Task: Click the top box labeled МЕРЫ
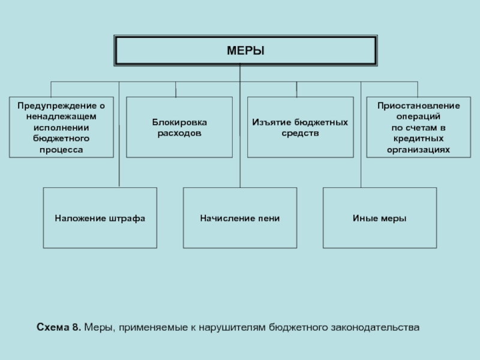(x=245, y=50)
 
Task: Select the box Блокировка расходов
(x=179, y=127)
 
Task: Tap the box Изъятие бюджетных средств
(x=301, y=127)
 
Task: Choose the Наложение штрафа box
(x=100, y=218)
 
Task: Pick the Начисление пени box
(x=240, y=218)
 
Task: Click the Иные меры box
(x=380, y=218)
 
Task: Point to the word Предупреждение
(x=58, y=106)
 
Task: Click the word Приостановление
(x=418, y=106)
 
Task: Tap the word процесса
(x=61, y=149)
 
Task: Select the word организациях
(x=418, y=149)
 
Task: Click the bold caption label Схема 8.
(x=59, y=327)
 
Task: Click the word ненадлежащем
(x=61, y=116)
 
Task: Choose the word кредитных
(x=418, y=139)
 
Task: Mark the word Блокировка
(x=179, y=122)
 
